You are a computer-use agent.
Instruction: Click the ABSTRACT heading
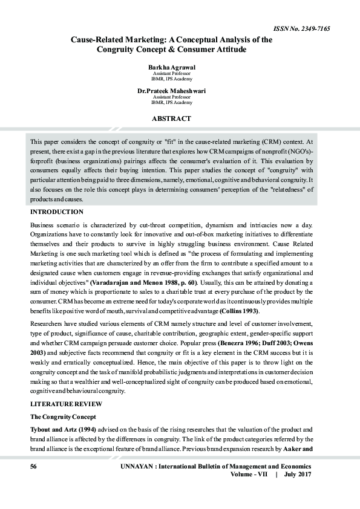171,119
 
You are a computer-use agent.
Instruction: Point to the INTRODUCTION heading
57,212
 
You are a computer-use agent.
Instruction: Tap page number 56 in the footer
34,467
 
